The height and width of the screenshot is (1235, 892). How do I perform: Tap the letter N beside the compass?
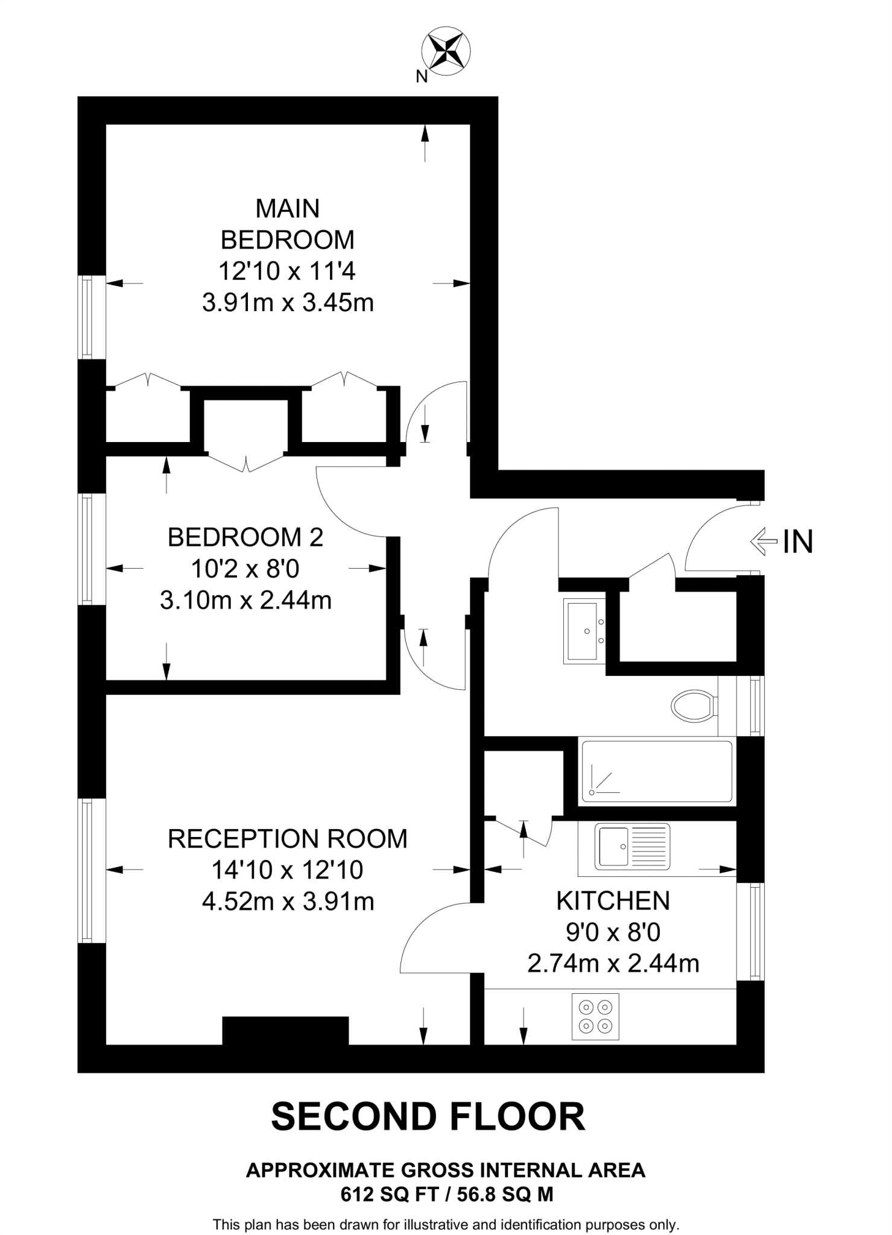pyautogui.click(x=422, y=77)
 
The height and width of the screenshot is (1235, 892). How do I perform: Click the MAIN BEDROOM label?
pyautogui.click(x=288, y=224)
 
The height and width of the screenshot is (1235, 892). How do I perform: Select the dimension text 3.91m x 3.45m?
pyautogui.click(x=288, y=303)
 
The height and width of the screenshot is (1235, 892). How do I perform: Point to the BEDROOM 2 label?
pyautogui.click(x=245, y=537)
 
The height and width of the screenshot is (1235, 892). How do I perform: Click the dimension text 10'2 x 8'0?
pyautogui.click(x=245, y=569)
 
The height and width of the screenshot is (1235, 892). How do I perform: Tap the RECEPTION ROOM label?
pyautogui.click(x=288, y=839)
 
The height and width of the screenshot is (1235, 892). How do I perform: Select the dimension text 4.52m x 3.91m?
pyautogui.click(x=288, y=902)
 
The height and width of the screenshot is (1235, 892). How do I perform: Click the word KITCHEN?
pyautogui.click(x=613, y=901)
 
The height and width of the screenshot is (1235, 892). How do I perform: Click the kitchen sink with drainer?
pyautogui.click(x=632, y=847)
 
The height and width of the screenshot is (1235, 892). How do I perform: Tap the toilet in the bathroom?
pyautogui.click(x=694, y=705)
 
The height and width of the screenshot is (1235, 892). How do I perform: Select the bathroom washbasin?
pyautogui.click(x=584, y=631)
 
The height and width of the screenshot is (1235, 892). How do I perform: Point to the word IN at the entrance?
pyautogui.click(x=798, y=542)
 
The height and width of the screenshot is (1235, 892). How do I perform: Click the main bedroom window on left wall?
pyautogui.click(x=88, y=317)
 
